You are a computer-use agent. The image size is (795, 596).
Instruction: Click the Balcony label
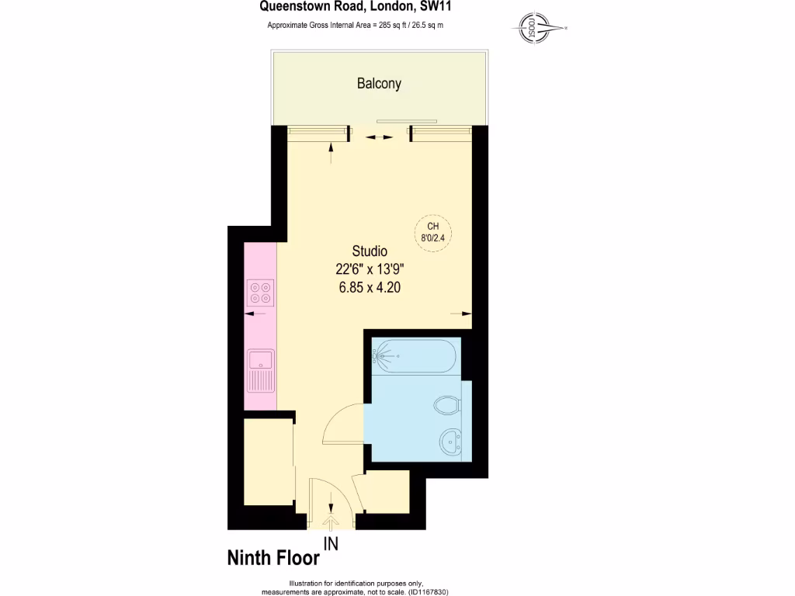tap(379, 84)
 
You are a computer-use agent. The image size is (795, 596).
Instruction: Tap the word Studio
tap(370, 251)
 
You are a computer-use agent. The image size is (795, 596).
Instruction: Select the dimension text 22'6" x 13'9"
tap(370, 269)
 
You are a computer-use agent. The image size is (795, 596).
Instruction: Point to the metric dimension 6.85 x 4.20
tap(370, 287)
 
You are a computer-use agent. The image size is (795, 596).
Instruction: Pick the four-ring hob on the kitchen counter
tap(260, 293)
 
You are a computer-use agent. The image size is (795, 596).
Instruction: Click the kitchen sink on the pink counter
tap(259, 369)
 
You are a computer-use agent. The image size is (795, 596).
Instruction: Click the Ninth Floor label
tap(273, 558)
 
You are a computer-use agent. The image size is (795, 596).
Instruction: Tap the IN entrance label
tap(332, 545)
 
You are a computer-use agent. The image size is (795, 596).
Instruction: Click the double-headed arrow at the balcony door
tap(379, 137)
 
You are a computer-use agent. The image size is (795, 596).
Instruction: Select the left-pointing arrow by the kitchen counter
tap(252, 314)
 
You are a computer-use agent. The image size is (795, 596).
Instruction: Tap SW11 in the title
tap(437, 8)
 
